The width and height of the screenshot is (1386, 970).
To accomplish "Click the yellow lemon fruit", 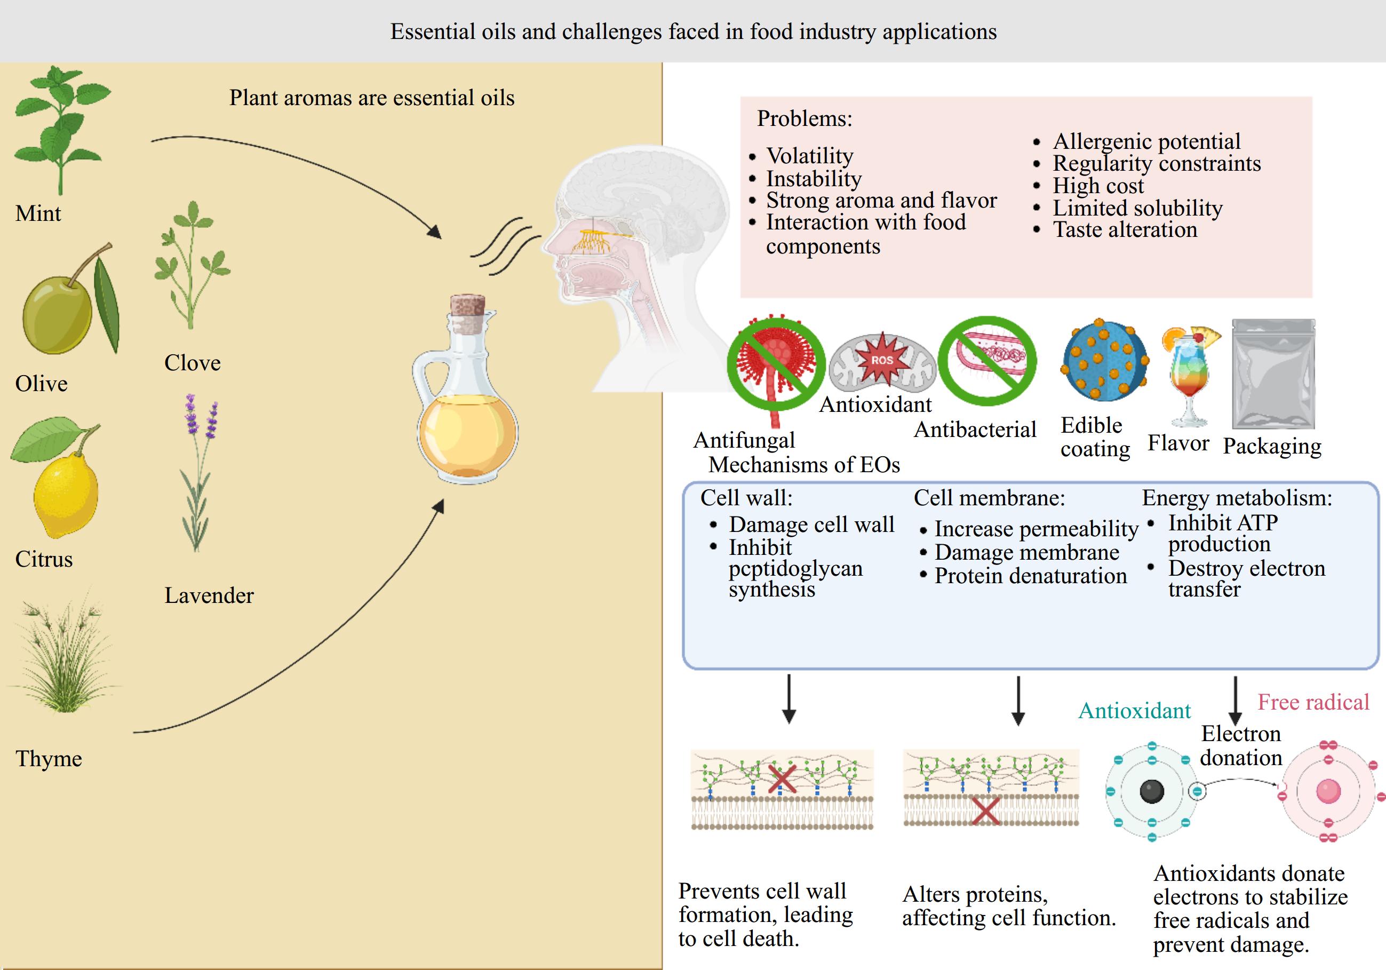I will click(x=65, y=495).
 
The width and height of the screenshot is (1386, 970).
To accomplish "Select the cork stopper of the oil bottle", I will click(x=467, y=313).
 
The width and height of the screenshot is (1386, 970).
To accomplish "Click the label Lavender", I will click(x=209, y=596).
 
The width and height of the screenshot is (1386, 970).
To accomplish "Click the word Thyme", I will click(x=49, y=759).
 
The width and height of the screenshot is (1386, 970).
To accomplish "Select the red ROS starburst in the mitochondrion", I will click(x=882, y=360).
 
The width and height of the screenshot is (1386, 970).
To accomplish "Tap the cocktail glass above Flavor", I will click(x=1189, y=374).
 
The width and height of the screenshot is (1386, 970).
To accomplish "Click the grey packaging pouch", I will click(x=1272, y=374).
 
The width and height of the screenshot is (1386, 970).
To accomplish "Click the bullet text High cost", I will click(x=1098, y=185).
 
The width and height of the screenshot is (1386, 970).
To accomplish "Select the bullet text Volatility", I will click(x=809, y=156).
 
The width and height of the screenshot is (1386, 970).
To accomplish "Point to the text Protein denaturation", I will click(x=1031, y=576).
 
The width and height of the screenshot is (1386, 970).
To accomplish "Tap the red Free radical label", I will click(x=1313, y=702).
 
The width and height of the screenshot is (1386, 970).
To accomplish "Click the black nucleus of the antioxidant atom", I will click(x=1151, y=791).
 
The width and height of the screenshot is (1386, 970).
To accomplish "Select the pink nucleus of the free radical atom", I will click(x=1328, y=791).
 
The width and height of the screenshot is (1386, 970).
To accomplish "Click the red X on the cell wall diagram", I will click(x=782, y=780).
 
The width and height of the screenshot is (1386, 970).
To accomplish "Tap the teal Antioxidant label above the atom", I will click(x=1134, y=711).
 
